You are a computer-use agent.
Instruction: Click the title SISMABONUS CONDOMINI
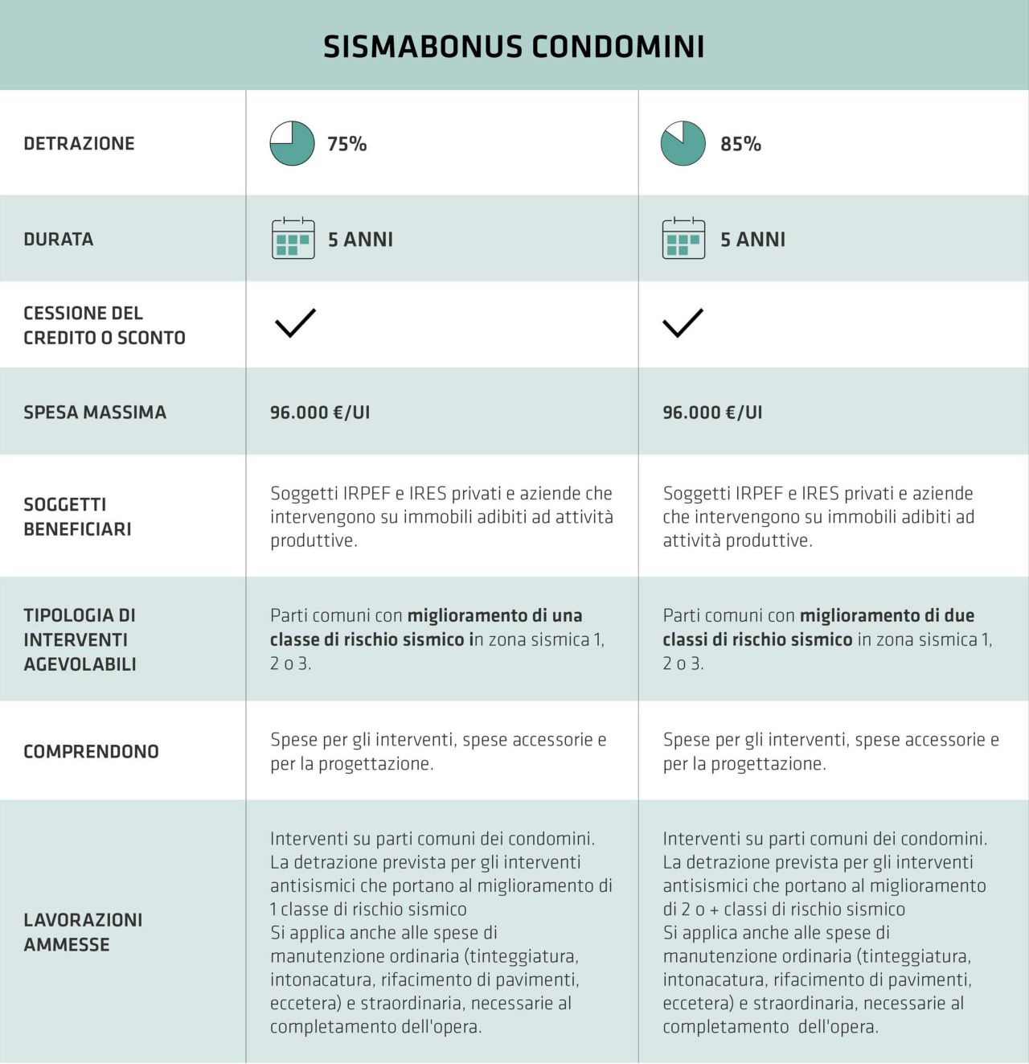coord(514,47)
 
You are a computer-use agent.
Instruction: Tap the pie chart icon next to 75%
coord(292,144)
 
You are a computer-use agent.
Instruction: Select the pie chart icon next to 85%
coord(683,144)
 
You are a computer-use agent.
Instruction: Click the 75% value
coord(346,144)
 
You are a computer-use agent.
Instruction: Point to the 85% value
coord(740,144)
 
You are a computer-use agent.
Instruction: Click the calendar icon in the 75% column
coord(293,238)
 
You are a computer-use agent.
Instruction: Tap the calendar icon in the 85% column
coord(683,238)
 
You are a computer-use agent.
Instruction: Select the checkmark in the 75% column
coord(295,322)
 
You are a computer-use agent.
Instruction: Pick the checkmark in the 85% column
coord(683,322)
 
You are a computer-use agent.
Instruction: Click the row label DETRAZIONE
coord(79,144)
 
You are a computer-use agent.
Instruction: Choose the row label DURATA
coord(59,239)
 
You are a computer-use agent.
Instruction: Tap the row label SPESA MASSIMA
coord(95,413)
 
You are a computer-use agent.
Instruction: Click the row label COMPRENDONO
coord(91,751)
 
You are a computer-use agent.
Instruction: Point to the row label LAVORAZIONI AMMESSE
coord(83,932)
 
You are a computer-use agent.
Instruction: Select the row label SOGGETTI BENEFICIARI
coord(77,516)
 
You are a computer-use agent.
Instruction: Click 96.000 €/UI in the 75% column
coord(320,413)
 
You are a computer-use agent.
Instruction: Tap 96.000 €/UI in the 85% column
coord(712,413)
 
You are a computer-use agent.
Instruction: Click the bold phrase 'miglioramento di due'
coord(887,616)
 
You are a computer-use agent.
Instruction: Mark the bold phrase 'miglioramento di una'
coord(494,616)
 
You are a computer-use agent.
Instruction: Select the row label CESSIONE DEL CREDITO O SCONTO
coord(105,325)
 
